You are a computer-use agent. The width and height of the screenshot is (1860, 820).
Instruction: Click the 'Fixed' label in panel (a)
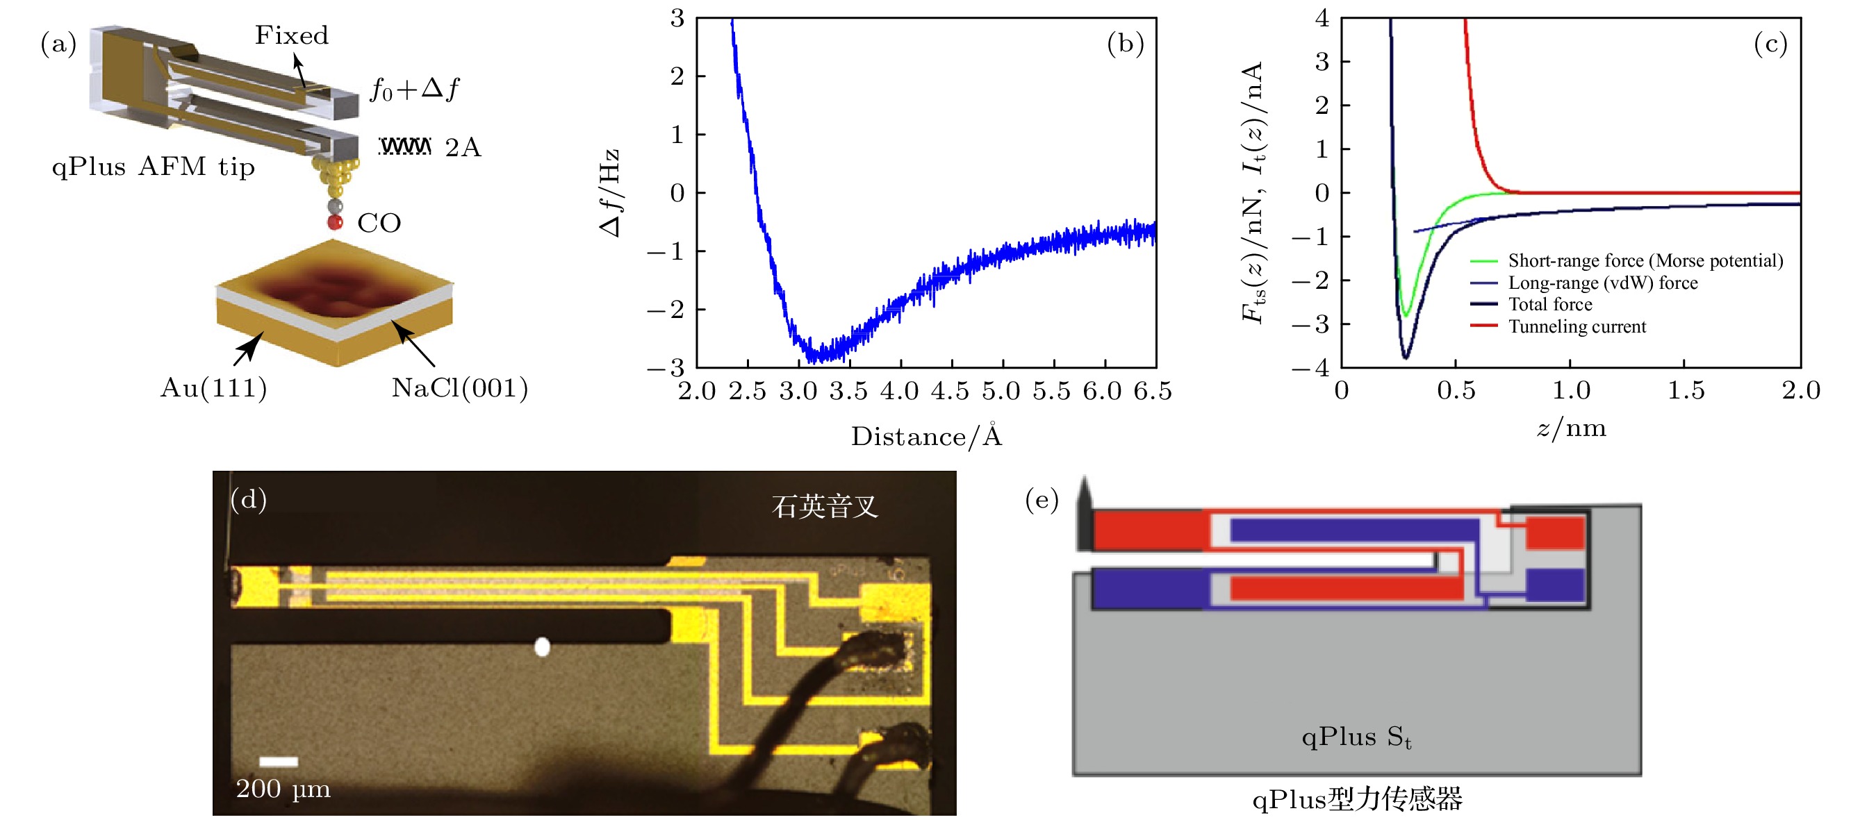291,35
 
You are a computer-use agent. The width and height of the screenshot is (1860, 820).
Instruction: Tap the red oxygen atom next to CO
335,222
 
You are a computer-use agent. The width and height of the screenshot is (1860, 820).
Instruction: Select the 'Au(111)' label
213,388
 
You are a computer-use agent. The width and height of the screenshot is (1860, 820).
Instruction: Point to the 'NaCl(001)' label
459,388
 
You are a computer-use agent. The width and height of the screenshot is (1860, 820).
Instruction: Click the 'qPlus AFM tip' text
153,167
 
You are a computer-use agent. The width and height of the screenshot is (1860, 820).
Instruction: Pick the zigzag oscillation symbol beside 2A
405,147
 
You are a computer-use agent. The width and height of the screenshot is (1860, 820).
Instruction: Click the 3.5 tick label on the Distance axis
848,391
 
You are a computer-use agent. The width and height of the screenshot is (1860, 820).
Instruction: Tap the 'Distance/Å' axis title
926,436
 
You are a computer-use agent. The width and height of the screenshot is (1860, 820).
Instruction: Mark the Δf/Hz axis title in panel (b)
609,193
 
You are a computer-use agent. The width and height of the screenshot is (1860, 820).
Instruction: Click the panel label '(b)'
1125,44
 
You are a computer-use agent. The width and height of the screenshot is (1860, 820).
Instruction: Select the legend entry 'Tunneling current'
1577,327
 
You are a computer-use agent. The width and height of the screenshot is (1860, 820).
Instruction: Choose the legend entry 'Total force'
1549,305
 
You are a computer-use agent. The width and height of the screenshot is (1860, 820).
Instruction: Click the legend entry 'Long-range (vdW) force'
1602,283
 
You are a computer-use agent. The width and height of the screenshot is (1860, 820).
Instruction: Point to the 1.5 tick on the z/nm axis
1686,390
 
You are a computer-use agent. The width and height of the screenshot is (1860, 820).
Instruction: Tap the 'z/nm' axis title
1570,429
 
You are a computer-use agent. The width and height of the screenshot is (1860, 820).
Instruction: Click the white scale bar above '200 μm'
279,762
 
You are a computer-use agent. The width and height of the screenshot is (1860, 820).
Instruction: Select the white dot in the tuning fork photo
541,646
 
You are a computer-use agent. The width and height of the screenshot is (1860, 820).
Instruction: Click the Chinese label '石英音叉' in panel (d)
825,507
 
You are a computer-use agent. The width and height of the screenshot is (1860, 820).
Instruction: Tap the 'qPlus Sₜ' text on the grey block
1356,737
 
